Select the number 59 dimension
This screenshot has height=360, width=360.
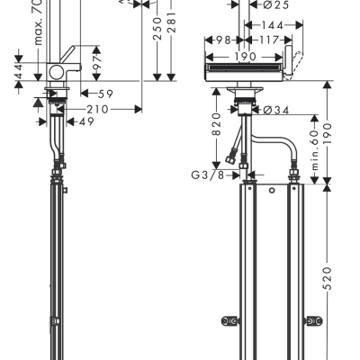pyautogui.click(x=103, y=93)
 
